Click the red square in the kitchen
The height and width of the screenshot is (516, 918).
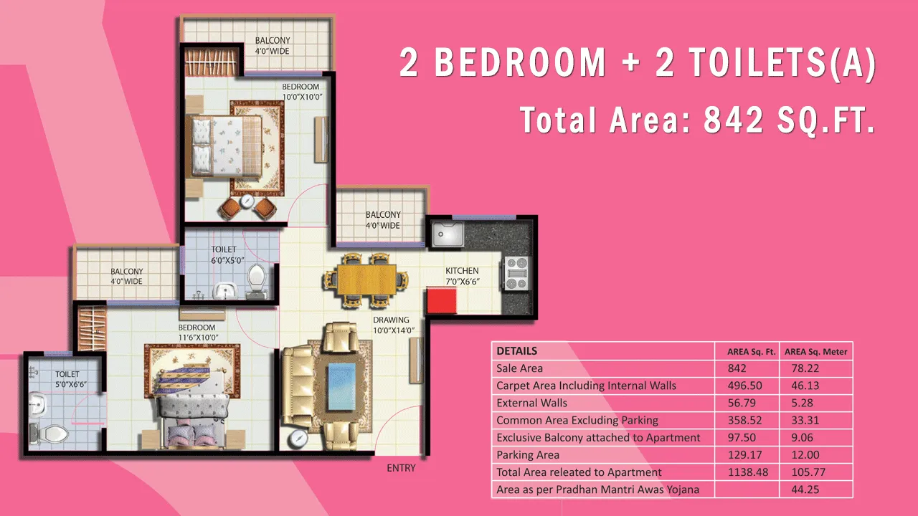pos(442,301)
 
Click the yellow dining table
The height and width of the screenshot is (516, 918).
pos(366,279)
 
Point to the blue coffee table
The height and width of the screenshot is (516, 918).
pos(341,386)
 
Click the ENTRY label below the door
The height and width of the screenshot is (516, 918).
pos(401,468)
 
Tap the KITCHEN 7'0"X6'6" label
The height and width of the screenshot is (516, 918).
pos(463,276)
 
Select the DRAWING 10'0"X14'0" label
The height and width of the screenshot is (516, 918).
pos(393,325)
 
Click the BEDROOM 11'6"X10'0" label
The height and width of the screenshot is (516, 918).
pos(197,333)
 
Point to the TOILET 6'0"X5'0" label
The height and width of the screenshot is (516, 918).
pos(227,254)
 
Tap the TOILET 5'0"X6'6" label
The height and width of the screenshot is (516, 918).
pos(70,380)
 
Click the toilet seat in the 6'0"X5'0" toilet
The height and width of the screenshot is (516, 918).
pos(257,277)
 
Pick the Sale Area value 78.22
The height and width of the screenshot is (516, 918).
pos(805,368)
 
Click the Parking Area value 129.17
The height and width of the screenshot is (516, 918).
pos(744,455)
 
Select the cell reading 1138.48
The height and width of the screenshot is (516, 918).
pos(747,472)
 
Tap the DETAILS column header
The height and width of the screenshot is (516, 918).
pos(517,351)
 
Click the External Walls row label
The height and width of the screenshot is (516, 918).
pos(531,403)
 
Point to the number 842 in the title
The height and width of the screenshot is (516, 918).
pos(733,120)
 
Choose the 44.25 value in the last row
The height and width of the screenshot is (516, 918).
pos(805,489)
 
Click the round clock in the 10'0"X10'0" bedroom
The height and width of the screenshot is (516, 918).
pos(247,201)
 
